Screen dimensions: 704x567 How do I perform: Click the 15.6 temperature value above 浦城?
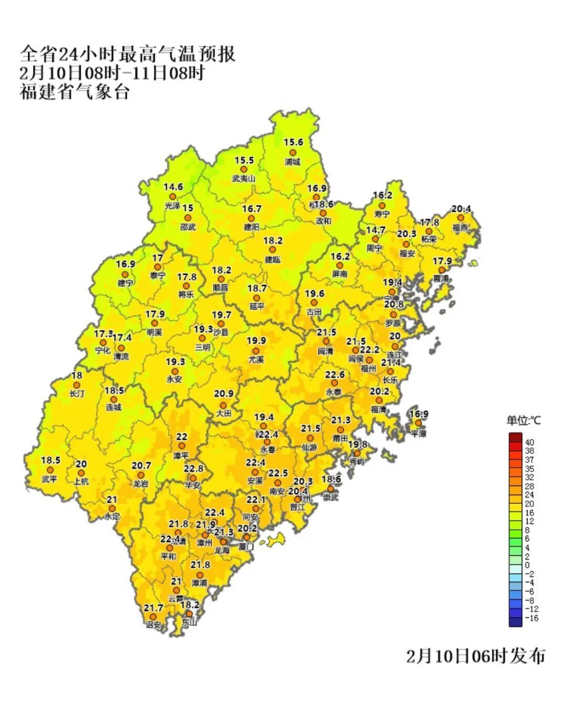click(x=293, y=142)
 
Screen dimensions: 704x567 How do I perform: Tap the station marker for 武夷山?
click(x=244, y=170)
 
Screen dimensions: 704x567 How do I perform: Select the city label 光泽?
click(x=172, y=206)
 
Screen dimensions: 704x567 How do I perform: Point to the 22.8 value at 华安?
click(x=193, y=469)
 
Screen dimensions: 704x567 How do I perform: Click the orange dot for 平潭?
click(x=418, y=423)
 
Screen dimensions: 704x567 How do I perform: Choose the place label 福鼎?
click(x=460, y=227)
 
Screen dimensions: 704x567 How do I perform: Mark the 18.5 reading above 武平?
click(x=51, y=460)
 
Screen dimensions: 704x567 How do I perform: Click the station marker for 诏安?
click(x=153, y=617)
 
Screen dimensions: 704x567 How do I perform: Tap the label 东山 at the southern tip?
click(x=189, y=623)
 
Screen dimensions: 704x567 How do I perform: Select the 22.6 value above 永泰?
click(x=335, y=375)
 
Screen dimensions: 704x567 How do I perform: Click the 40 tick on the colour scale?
click(x=529, y=442)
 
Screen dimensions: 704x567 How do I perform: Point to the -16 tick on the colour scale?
click(x=531, y=618)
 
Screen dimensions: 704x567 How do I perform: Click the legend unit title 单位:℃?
click(x=523, y=420)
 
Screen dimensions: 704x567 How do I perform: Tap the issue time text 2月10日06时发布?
click(x=476, y=656)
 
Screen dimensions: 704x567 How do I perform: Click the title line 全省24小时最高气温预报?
click(x=128, y=54)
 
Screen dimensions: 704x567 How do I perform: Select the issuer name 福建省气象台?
click(x=75, y=92)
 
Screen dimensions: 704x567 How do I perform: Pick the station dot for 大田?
click(x=223, y=405)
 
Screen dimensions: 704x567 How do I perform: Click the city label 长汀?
click(x=77, y=394)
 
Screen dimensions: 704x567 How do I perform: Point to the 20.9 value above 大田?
click(x=224, y=394)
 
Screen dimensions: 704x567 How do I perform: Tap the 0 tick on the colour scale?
click(x=527, y=565)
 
